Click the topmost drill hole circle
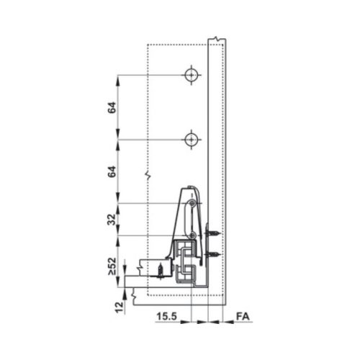click(191, 75)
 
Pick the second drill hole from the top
click(191, 139)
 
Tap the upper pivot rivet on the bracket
click(192, 204)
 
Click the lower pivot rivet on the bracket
click(192, 235)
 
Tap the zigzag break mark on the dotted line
click(147, 175)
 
